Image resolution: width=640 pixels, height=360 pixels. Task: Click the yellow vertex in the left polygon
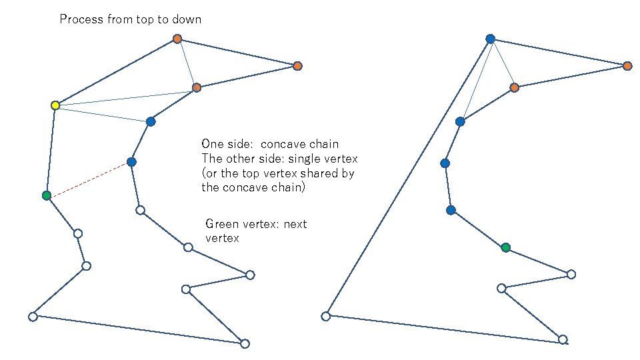55,105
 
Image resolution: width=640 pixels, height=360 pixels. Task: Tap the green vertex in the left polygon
46,195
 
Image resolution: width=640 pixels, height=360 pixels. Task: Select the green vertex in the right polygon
505,247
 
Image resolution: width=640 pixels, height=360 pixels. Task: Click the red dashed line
89,179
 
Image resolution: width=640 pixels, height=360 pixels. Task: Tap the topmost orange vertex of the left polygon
177,39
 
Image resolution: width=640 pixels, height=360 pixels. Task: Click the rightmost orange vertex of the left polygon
297,65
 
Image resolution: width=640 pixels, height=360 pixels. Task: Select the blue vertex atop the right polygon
490,39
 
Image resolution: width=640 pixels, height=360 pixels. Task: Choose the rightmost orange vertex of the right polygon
627,65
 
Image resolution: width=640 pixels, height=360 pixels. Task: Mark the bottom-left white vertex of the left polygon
33,317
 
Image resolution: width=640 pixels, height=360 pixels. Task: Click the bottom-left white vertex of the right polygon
326,316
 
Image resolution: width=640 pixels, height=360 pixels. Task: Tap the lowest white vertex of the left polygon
245,343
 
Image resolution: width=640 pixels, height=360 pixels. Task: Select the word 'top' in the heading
144,19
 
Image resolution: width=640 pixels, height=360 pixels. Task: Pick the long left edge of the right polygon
408,177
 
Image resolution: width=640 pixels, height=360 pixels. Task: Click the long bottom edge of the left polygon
139,330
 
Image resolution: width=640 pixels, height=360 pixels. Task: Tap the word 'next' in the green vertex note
295,224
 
